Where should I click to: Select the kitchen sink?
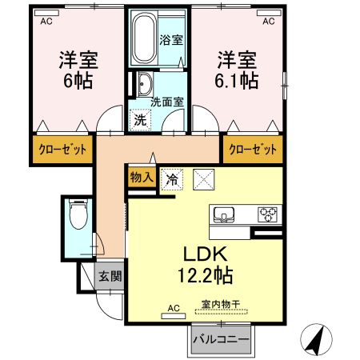pos(224,214)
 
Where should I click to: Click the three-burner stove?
pos(266,214)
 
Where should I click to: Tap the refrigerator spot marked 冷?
pos(170,180)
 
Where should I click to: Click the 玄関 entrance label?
pos(110,277)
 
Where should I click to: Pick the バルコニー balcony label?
pos(220,340)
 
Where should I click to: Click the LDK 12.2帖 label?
pos(204,265)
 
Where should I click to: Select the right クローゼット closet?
pos(254,150)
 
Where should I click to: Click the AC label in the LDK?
pos(174,307)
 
